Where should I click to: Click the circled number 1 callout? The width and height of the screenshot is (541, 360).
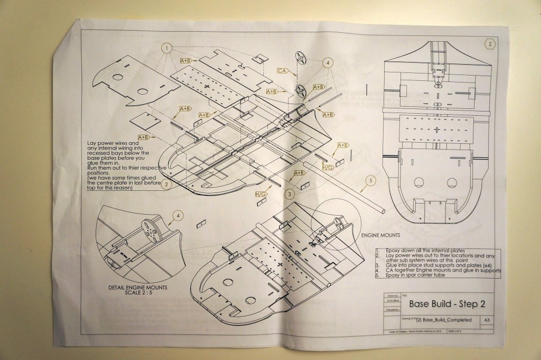(x=167, y=48)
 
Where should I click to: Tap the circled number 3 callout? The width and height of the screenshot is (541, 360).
(x=290, y=194)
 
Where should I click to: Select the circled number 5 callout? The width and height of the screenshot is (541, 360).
(x=371, y=181)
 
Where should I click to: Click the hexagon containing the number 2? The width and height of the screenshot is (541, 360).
(x=490, y=44)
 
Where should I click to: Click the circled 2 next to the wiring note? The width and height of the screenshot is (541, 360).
(x=166, y=184)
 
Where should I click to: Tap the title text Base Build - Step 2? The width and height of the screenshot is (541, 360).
(x=447, y=304)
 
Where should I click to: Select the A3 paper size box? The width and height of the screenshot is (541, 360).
(x=486, y=320)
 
